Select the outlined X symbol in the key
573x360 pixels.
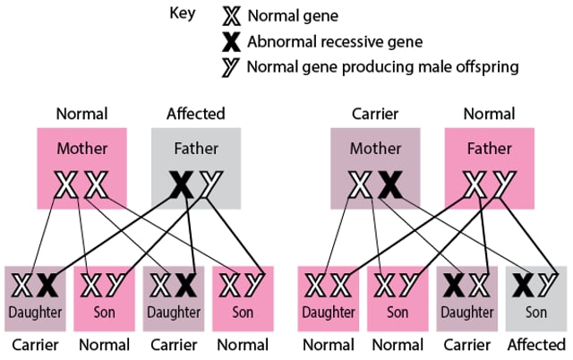232,16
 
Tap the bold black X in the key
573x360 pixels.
232,41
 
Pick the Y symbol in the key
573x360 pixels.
232,66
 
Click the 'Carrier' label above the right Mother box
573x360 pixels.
374,114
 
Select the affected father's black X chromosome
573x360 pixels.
182,185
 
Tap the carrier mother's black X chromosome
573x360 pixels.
389,185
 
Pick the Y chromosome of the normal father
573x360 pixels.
501,185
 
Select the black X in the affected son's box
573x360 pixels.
521,287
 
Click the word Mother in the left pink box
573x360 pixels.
81,148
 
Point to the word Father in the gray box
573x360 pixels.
194,148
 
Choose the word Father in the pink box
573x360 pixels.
489,148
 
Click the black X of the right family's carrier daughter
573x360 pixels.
452,287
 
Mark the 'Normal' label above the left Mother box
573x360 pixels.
81,114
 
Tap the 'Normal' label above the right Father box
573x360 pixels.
489,114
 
